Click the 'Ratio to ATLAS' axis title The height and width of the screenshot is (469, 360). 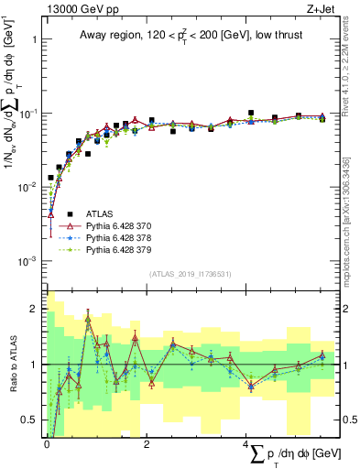pyautogui.click(x=12, y=364)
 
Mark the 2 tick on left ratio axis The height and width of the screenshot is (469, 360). pyautogui.click(x=38, y=309)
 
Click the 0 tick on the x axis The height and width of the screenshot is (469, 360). pyautogui.click(x=47, y=444)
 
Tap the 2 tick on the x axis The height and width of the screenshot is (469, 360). pyautogui.click(x=147, y=444)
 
